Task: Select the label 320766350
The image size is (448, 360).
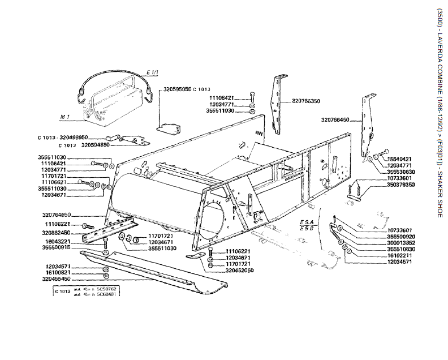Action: pyautogui.click(x=306, y=101)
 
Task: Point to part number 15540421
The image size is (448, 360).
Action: pyautogui.click(x=400, y=158)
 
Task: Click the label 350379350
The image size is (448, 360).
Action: pyautogui.click(x=400, y=185)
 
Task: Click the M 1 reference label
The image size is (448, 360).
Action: pyautogui.click(x=64, y=117)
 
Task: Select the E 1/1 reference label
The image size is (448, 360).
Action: pyautogui.click(x=152, y=73)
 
